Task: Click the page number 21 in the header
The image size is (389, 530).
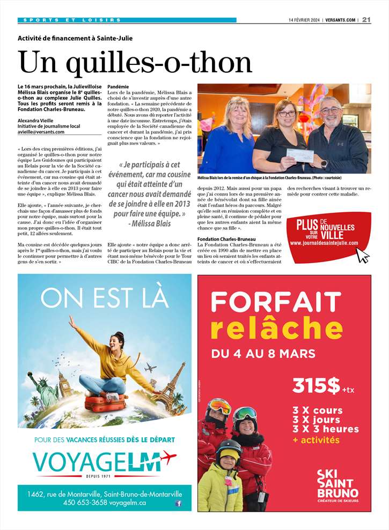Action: click(366, 20)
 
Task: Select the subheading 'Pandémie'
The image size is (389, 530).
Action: click(118, 86)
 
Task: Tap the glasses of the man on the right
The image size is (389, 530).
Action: click(331, 110)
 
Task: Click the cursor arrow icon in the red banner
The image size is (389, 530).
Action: click(363, 255)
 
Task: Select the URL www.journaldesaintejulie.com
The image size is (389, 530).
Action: click(324, 243)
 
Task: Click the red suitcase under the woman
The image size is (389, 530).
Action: click(106, 402)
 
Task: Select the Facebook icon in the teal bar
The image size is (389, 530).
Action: click(178, 503)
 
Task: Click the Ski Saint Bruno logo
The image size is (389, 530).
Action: click(337, 484)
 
